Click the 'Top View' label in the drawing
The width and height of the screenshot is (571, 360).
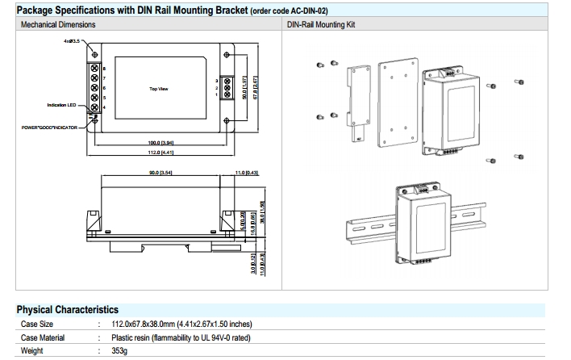(158, 89)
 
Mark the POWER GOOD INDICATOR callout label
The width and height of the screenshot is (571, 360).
(53, 127)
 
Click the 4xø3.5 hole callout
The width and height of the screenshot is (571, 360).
(73, 40)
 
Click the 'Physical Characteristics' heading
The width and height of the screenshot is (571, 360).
(68, 309)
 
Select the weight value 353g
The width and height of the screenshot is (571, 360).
(120, 351)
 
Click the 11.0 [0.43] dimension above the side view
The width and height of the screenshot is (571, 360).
(246, 174)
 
